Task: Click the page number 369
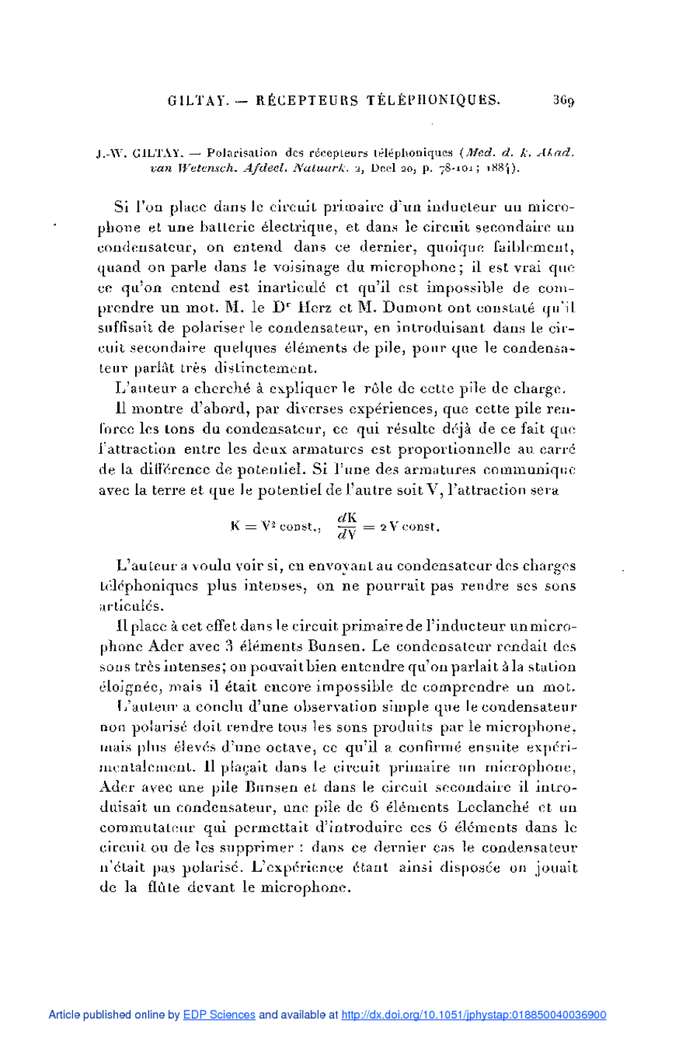(x=564, y=101)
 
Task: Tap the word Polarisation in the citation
(x=242, y=153)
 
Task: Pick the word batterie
(x=218, y=227)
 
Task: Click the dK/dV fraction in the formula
(x=347, y=526)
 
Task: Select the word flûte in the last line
(x=164, y=888)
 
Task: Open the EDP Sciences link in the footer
(x=219, y=1015)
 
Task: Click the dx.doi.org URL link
(x=474, y=1015)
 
